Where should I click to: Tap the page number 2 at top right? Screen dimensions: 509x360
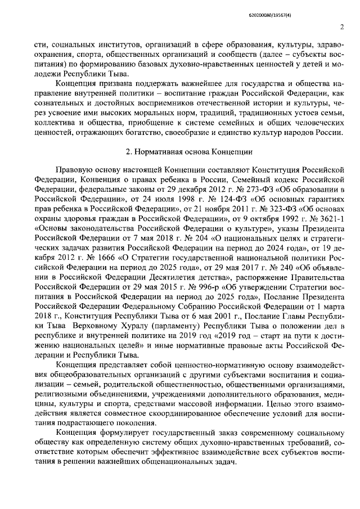[341, 26]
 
